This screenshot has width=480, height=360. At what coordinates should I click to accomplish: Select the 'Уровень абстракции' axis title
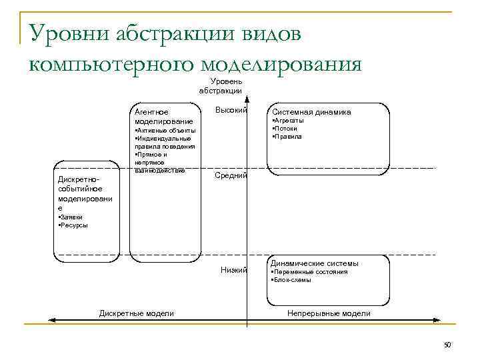point(221,86)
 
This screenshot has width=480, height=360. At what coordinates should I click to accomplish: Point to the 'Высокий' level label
point(231,110)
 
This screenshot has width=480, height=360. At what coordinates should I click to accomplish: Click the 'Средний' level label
point(231,175)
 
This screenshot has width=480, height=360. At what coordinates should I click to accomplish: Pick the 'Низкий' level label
point(234,270)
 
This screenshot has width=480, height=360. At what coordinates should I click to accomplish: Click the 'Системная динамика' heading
point(311,112)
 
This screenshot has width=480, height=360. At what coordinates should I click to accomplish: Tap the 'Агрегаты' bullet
point(289,121)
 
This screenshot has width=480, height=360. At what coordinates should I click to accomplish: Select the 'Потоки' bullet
point(286,129)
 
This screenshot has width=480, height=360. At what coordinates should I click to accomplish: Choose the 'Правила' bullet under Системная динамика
point(288,137)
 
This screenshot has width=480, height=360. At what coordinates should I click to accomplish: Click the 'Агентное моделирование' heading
point(163,117)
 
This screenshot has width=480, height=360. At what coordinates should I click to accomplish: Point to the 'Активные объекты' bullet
point(166,131)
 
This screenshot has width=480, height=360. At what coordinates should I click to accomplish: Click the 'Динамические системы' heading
point(314,263)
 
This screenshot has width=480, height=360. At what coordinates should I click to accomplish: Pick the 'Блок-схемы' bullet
point(293,280)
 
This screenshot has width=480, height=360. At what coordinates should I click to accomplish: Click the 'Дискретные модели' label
point(136,313)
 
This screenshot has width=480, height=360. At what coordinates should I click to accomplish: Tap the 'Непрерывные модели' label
point(329,313)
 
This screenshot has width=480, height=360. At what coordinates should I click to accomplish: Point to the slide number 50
point(447,345)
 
